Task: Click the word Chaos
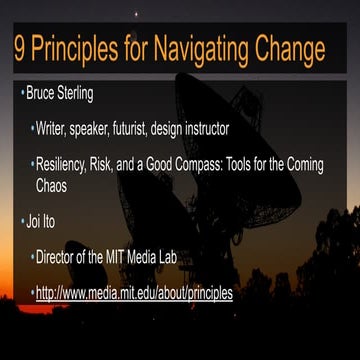pyautogui.click(x=56, y=184)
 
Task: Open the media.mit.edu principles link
pyautogui.click(x=134, y=293)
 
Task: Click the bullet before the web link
pyautogui.click(x=31, y=293)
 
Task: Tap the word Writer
pyautogui.click(x=53, y=129)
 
